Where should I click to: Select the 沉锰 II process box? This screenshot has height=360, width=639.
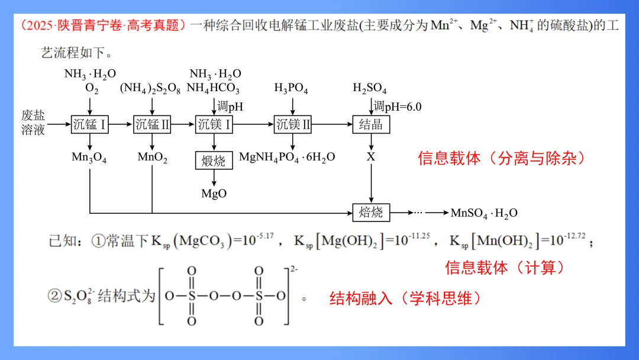point(153,124)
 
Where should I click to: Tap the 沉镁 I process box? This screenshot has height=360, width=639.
point(214,124)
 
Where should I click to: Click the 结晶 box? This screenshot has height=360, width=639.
point(371,124)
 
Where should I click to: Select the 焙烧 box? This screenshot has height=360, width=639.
point(371,212)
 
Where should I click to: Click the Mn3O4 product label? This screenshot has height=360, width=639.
point(89,157)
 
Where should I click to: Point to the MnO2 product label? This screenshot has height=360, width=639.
point(153,157)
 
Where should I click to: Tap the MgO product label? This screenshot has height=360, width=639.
point(214,193)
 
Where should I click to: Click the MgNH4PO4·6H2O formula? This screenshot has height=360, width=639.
point(287,157)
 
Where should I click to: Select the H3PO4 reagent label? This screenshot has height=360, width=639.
point(291,89)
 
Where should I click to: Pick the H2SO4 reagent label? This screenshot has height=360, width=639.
point(370,89)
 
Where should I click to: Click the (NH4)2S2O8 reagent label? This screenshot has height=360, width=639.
point(150,89)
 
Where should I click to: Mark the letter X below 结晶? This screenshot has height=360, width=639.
point(371,157)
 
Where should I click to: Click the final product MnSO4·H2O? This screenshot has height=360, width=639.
point(484,213)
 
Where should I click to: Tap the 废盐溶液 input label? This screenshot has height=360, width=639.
point(33,123)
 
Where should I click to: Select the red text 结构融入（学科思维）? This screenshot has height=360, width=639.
point(405,298)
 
